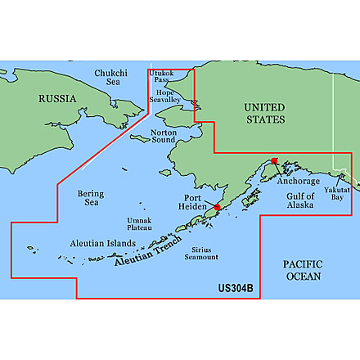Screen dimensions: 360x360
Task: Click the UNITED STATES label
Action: [265, 114]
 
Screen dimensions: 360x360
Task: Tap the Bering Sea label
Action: [91, 198]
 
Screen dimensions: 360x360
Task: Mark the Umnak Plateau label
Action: [139, 224]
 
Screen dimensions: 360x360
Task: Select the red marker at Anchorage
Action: [275, 163]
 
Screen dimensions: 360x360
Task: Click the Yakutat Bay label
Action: [341, 193]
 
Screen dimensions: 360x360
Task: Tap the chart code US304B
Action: [236, 288]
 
